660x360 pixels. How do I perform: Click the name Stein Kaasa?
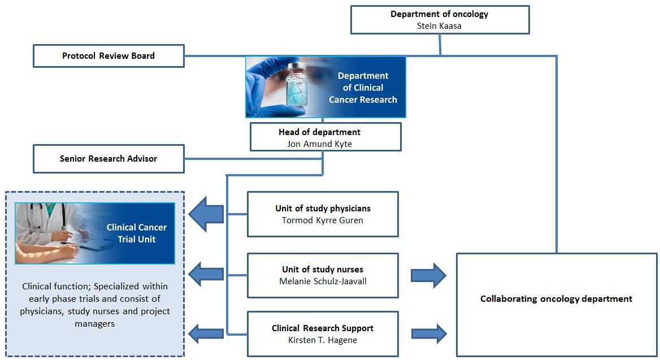(x=439, y=25)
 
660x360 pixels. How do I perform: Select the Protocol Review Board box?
(x=108, y=56)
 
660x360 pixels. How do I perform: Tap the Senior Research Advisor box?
(x=108, y=159)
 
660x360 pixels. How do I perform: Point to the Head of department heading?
(x=319, y=132)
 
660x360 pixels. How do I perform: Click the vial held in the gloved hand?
(x=297, y=85)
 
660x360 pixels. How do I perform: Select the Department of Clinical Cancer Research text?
(x=363, y=88)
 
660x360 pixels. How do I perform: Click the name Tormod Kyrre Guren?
(x=323, y=220)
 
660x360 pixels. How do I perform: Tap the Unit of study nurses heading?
(x=323, y=270)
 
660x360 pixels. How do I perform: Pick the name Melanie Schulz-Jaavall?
(x=323, y=281)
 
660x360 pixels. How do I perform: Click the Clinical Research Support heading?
(x=323, y=328)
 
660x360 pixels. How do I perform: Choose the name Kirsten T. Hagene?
(x=323, y=340)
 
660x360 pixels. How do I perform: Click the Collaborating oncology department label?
(x=556, y=299)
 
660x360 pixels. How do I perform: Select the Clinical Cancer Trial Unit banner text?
(x=136, y=233)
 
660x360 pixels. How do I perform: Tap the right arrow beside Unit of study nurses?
(x=428, y=275)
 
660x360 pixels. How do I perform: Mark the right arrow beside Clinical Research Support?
(x=428, y=333)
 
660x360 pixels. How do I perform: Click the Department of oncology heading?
(x=439, y=14)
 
